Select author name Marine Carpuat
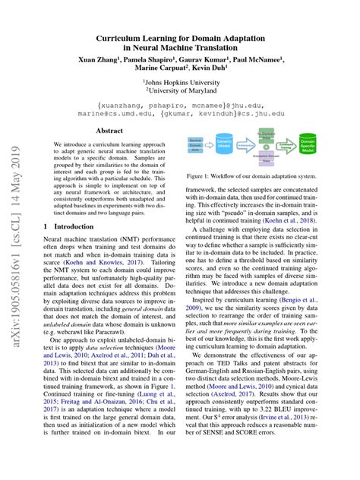pos(156,69)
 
